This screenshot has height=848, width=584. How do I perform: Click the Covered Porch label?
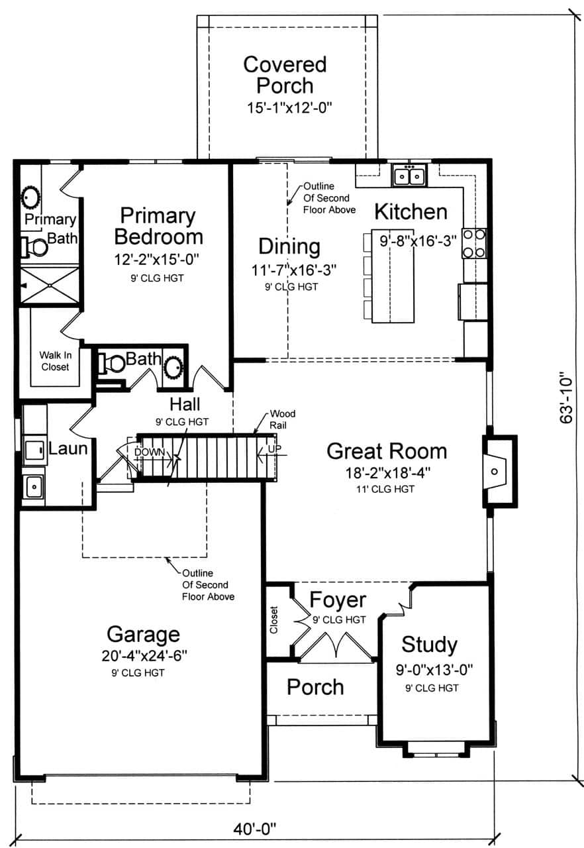(x=285, y=75)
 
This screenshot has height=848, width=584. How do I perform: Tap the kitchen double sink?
(x=409, y=176)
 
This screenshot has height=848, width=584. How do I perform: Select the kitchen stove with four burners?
(x=475, y=243)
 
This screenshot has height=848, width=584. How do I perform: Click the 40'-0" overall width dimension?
(x=254, y=827)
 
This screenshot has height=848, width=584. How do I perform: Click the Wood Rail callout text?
(x=282, y=419)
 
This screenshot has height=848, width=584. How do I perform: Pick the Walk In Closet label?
(x=55, y=360)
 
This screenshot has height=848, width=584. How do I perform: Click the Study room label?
(x=429, y=644)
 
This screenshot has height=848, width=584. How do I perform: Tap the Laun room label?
(x=68, y=449)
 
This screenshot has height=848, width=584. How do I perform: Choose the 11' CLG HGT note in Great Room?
(x=387, y=489)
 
